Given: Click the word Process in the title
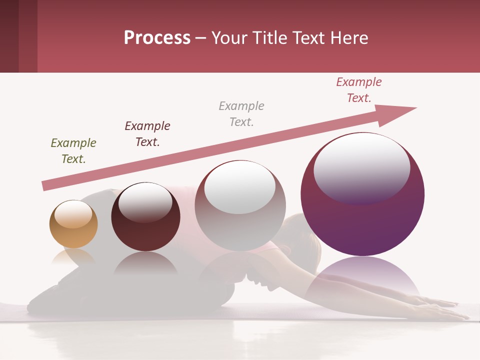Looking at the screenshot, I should [x=157, y=37].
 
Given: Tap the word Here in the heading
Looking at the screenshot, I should [x=349, y=37].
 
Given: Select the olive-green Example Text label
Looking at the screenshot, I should [x=73, y=151].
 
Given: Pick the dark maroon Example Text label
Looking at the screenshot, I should [x=147, y=134].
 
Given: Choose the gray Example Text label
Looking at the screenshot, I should [x=241, y=114].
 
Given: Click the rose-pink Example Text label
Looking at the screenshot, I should [x=358, y=90].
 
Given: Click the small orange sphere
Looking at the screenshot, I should [x=73, y=230].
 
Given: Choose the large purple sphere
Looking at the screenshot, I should [x=362, y=220].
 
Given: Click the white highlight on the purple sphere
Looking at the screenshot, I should [x=361, y=167].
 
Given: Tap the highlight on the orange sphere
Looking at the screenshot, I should [x=73, y=214].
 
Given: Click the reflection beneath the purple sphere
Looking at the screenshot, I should [x=362, y=277].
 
